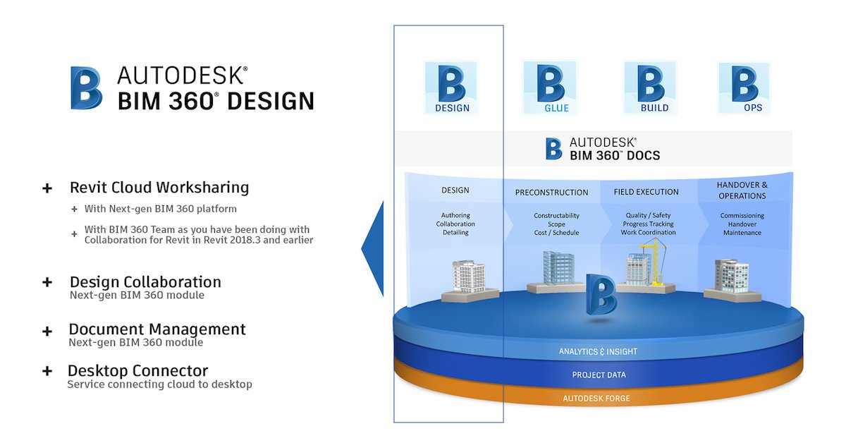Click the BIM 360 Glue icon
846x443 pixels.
point(550,87)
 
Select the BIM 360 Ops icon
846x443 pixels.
point(744,87)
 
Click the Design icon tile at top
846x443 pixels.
point(451,87)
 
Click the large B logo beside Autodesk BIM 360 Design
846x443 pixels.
point(86,88)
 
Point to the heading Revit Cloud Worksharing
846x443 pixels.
point(159,188)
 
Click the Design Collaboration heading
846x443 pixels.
point(145,282)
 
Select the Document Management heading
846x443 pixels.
point(157,329)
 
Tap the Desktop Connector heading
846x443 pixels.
point(138,371)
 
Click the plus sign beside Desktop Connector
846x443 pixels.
point(47,371)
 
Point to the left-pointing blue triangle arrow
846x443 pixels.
point(374,248)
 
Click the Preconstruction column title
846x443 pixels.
point(551,193)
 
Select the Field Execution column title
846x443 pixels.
point(646,192)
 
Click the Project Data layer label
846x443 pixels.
point(599,375)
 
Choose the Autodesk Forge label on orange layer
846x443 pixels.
point(596,399)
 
